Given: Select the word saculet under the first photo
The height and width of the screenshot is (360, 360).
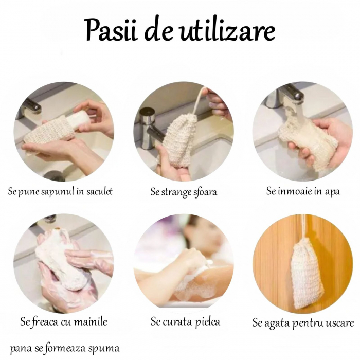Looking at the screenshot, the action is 99,191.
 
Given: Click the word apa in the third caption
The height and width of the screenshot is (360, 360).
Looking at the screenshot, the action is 332,192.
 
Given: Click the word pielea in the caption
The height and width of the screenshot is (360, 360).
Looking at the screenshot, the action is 207,322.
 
